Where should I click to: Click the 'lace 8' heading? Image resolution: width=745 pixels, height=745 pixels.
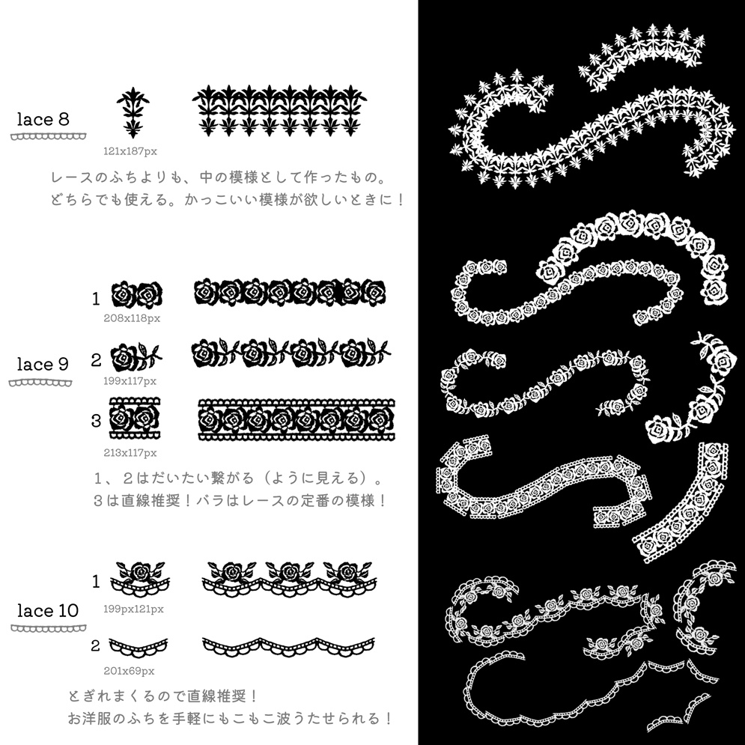coord(43,119)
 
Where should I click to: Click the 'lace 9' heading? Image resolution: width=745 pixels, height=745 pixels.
coord(43,365)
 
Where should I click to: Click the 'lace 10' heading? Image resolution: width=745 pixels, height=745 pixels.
coord(48,610)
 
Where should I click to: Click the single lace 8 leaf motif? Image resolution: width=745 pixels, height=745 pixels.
coord(133,113)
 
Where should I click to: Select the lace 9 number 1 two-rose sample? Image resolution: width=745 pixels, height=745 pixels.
coord(137,294)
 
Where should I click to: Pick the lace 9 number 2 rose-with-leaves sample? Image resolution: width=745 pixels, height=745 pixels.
coord(136,356)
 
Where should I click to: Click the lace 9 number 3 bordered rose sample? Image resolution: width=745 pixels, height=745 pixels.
coord(135,418)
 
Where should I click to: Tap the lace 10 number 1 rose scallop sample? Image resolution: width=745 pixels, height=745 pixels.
coord(140,580)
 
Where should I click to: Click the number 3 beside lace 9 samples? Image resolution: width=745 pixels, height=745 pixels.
coord(96,421)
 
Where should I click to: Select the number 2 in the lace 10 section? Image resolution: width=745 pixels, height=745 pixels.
coord(96,645)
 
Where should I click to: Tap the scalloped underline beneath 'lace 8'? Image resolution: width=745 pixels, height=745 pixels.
coord(49,137)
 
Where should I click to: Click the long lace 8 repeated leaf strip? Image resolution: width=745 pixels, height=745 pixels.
coord(279,111)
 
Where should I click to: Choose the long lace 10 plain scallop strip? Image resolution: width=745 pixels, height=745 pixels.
coord(288,647)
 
